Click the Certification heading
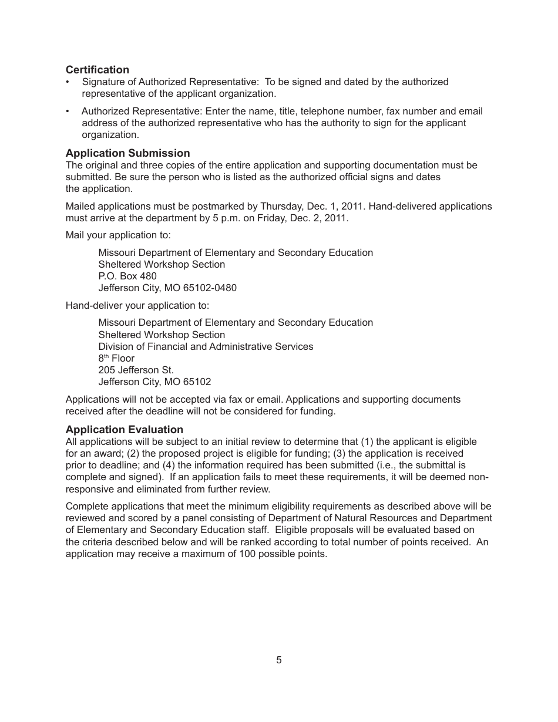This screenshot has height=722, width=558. pyautogui.click(x=98, y=70)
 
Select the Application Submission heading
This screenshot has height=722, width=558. pyautogui.click(x=127, y=154)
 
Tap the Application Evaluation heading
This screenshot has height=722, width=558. pyautogui.click(x=124, y=430)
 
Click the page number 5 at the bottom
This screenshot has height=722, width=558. pyautogui.click(x=279, y=660)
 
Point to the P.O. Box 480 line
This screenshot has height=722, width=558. pyautogui.click(x=127, y=276)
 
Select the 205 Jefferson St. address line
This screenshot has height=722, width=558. pyautogui.click(x=136, y=370)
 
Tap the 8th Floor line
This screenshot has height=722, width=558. pyautogui.click(x=116, y=358)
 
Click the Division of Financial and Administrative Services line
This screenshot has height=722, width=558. pyautogui.click(x=206, y=346)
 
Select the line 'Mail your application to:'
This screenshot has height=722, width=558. pyautogui.click(x=118, y=235)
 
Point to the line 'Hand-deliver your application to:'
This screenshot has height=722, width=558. pyautogui.click(x=137, y=305)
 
